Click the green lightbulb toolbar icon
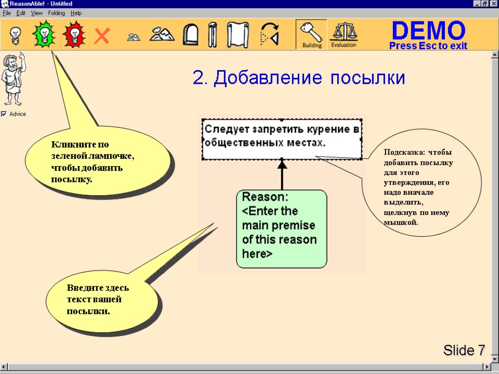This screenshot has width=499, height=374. [x=44, y=35]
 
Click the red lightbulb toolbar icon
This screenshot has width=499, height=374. [x=73, y=35]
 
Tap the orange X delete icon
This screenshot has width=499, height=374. [x=101, y=36]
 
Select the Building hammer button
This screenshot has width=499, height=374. [x=311, y=35]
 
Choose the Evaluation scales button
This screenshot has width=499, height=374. [x=344, y=35]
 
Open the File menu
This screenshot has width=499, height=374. [x=7, y=13]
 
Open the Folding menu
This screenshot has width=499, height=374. [x=57, y=13]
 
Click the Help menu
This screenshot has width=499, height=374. [x=76, y=13]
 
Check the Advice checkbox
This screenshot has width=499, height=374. [x=4, y=114]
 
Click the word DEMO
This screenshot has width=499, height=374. [x=428, y=31]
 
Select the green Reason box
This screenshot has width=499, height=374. [x=282, y=229]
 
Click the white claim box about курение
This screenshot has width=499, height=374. [x=282, y=139]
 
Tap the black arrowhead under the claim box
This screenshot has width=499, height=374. [x=282, y=165]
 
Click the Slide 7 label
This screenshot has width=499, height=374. [x=464, y=350]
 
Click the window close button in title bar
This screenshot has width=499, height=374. [x=494, y=4]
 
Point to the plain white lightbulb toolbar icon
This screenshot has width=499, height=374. [x=15, y=35]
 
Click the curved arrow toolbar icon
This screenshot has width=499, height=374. [x=269, y=35]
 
